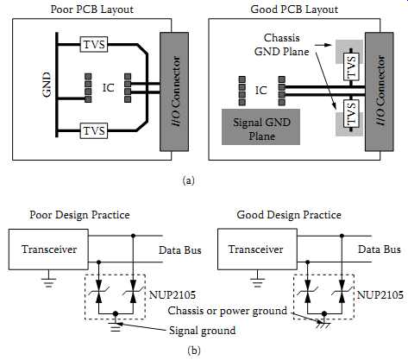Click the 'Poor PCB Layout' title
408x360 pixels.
coord(92,9)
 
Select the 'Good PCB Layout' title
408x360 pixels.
coord(294,9)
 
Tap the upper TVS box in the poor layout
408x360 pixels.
coord(94,44)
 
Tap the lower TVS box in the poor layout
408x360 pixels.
coord(94,130)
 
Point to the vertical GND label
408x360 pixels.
coord(47,85)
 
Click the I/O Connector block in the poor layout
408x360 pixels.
coord(174,92)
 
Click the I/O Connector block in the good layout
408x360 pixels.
coord(380,92)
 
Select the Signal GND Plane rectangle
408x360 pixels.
coord(260,127)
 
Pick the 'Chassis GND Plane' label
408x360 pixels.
coord(282,45)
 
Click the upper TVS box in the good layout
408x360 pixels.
coord(351,66)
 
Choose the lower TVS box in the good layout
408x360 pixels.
coord(351,114)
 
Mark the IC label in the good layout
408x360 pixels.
coord(261,91)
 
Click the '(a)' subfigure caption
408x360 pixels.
coord(189,180)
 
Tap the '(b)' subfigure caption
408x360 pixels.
coord(194,351)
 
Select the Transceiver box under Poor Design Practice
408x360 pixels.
coord(48,249)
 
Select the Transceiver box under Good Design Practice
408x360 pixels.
coord(257,249)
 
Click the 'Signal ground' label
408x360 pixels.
coord(203,331)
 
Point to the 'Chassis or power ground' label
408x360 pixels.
coord(228,311)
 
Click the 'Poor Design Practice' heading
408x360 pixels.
coord(79,215)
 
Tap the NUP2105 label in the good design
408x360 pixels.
coord(380,294)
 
